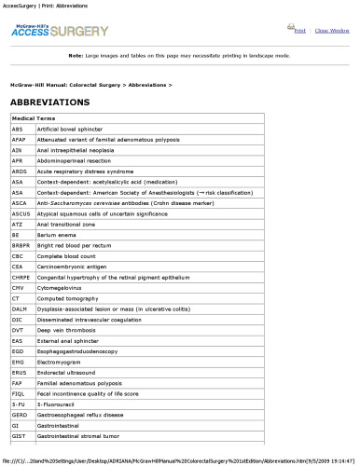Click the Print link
300,31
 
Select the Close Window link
332,31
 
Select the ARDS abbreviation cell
20,171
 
